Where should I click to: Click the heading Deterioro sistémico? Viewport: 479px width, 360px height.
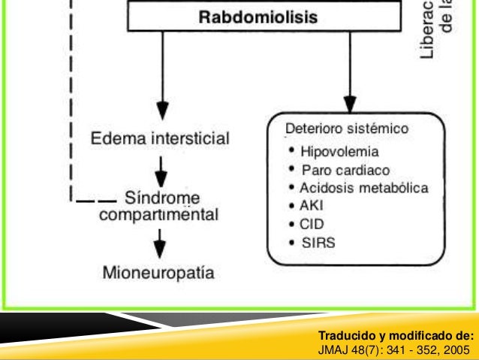(x=347, y=129)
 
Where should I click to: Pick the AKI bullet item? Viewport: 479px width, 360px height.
(x=308, y=204)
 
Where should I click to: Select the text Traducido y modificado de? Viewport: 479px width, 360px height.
(x=396, y=335)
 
